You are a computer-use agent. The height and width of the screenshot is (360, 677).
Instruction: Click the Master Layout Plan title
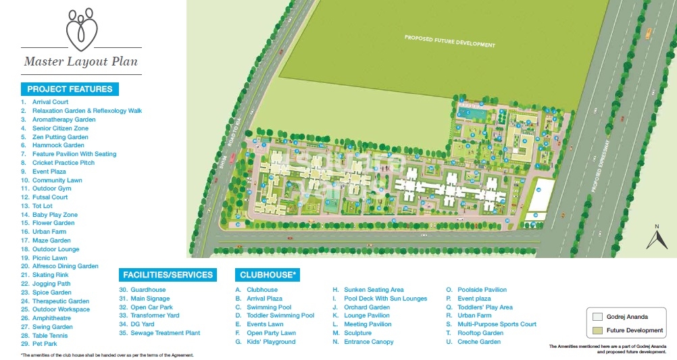tap(80, 61)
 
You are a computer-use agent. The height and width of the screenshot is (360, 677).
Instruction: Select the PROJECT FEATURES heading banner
tap(70, 88)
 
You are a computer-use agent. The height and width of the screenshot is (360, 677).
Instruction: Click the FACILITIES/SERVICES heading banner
tap(168, 275)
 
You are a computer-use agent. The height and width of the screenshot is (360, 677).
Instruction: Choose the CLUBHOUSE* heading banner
tap(267, 275)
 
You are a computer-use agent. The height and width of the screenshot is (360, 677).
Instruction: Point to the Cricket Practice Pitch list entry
tap(64, 163)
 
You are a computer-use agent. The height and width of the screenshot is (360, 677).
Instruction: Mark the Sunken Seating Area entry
tap(374, 290)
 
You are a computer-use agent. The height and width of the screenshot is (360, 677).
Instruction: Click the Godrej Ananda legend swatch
tap(597, 316)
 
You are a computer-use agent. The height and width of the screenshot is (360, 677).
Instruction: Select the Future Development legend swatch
tap(597, 330)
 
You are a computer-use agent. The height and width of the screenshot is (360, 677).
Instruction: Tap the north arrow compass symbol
tap(657, 238)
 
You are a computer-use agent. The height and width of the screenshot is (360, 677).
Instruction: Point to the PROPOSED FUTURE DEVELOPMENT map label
tap(449, 41)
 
